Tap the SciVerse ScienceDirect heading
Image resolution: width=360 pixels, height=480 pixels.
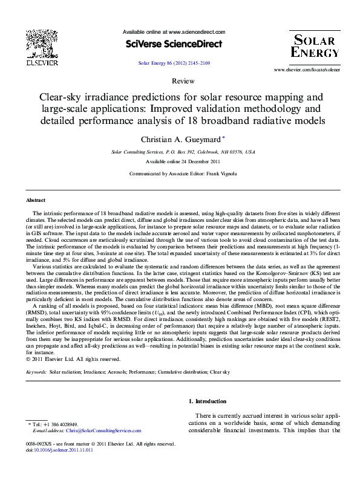[174, 44]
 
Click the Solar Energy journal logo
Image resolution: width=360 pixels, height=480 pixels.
[315, 46]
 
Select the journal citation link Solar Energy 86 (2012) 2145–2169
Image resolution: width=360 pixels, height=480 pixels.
[174, 62]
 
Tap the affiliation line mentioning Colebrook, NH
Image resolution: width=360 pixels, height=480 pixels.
[183, 152]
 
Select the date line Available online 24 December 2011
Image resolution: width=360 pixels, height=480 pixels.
[183, 162]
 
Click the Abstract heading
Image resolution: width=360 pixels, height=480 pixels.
[35, 200]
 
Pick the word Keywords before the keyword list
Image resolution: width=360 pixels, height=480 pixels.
[36, 372]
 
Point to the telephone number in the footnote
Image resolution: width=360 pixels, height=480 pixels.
[61, 424]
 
